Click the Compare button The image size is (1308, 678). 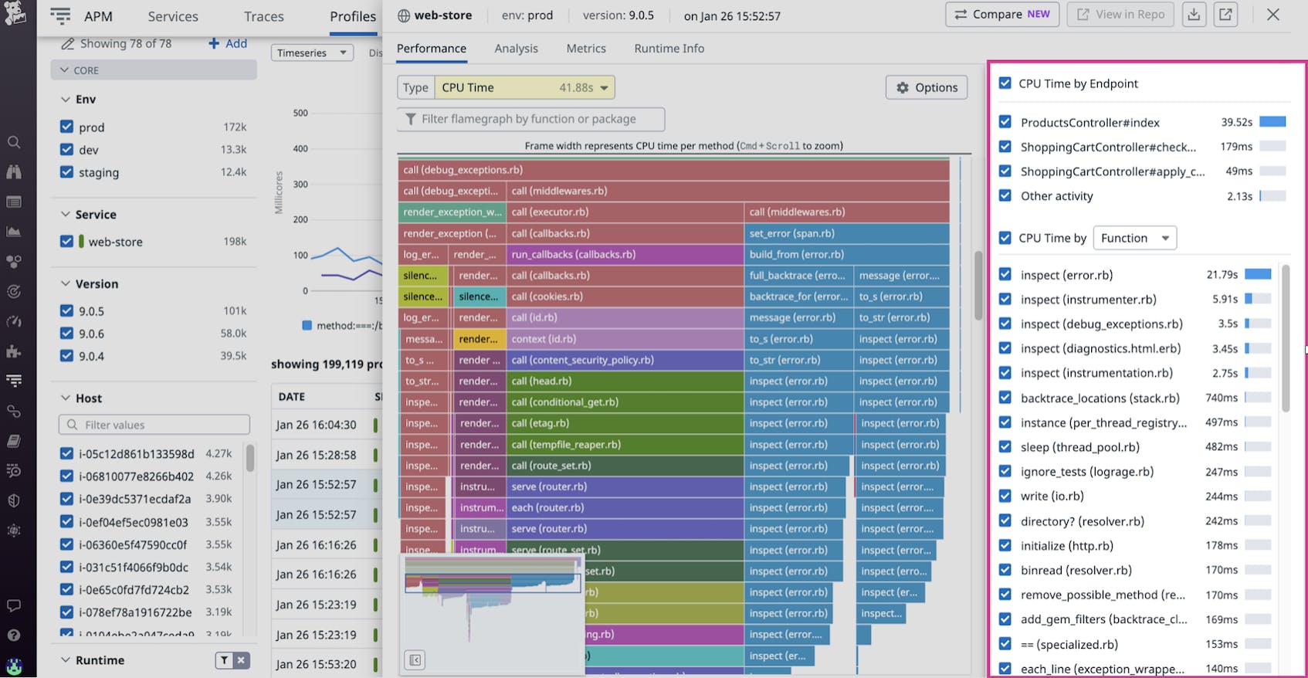click(1001, 15)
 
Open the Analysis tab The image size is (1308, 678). click(516, 49)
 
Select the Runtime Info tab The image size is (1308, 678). click(669, 49)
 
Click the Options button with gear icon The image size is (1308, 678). click(927, 88)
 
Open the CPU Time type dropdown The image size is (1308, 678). click(524, 88)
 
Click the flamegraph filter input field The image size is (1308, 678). click(531, 119)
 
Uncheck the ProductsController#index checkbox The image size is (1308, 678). click(1005, 122)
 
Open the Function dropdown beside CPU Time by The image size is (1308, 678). click(1134, 238)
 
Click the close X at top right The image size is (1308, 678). click(1273, 15)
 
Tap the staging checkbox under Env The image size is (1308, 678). click(66, 172)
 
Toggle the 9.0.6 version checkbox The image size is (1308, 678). click(66, 334)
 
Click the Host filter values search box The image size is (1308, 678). click(154, 425)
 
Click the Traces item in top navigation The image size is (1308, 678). click(263, 16)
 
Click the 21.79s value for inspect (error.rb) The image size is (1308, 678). click(1222, 275)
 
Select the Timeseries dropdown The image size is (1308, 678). click(312, 53)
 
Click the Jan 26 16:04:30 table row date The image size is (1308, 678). click(316, 425)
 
